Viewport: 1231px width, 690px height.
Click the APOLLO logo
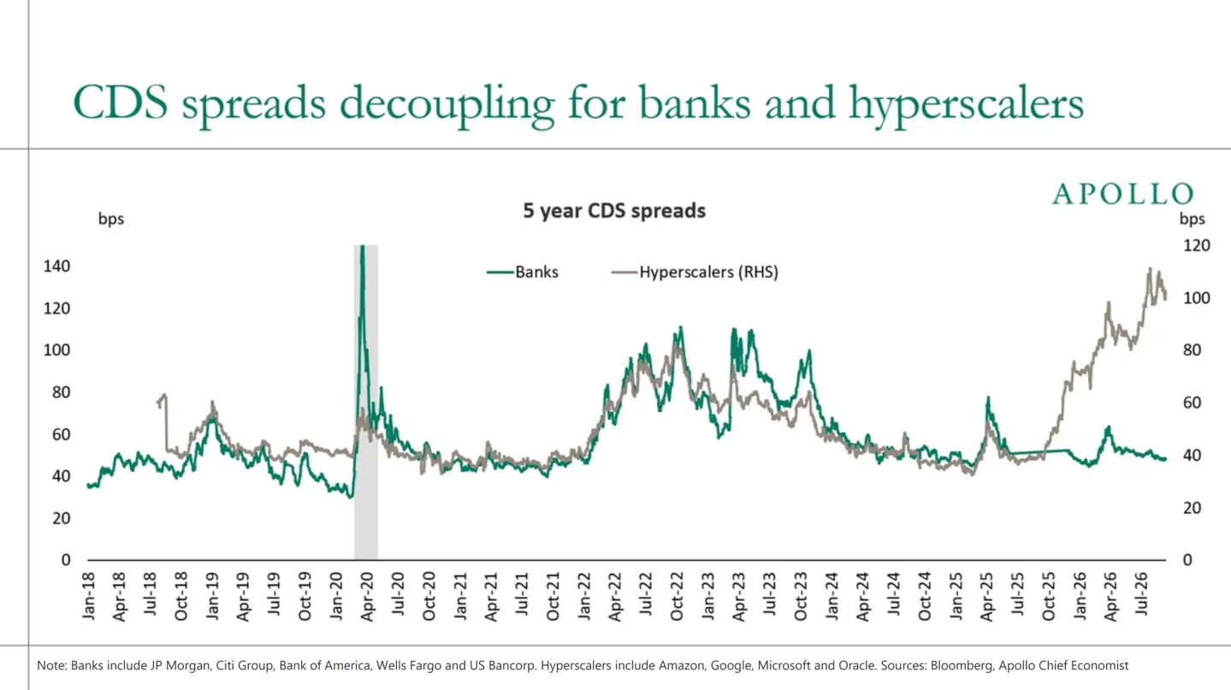coord(1123,194)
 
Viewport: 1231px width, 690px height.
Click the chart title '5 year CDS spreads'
coord(614,211)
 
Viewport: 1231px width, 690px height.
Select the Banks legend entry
coord(523,272)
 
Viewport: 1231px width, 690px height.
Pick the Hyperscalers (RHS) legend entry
coord(695,272)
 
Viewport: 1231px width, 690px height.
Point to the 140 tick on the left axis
coord(56,266)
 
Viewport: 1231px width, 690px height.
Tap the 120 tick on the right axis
coord(1197,245)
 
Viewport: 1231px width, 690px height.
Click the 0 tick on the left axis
coord(66,560)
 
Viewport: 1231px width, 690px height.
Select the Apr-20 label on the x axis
coord(367,597)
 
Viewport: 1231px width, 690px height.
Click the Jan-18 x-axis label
coord(88,597)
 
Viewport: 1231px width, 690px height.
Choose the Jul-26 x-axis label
coord(1141,595)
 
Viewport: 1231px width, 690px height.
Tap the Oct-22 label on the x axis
coord(677,597)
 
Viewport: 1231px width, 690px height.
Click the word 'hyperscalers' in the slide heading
coord(966,104)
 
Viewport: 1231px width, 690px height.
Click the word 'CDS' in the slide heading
coord(121,102)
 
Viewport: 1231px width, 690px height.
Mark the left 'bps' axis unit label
coord(111,219)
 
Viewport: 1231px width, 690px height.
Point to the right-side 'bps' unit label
coord(1192,219)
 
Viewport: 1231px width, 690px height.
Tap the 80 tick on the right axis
coord(1192,350)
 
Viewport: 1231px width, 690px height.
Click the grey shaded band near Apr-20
coord(366,402)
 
